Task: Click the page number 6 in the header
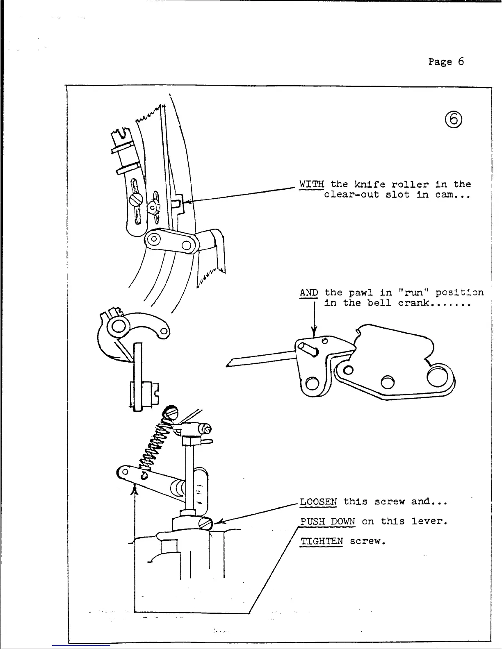pos(461,62)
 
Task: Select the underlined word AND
pos(309,293)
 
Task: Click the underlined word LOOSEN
pos(319,502)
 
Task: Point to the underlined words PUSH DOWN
pos(327,522)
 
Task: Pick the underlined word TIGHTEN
pos(322,541)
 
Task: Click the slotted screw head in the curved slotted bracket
pos(136,200)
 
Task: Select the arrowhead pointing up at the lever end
pos(134,488)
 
